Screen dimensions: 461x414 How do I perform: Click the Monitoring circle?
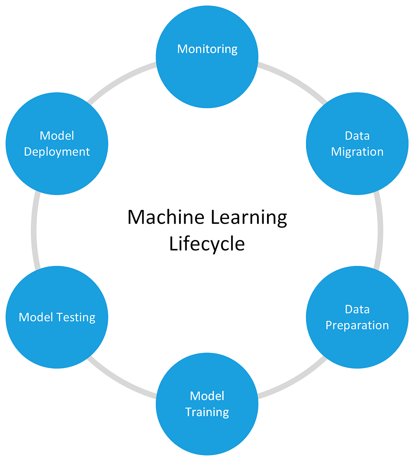click(x=207, y=57)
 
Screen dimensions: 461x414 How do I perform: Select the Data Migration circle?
click(x=357, y=144)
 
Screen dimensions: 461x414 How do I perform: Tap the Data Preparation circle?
click(x=357, y=317)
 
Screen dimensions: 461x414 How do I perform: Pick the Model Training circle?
click(x=207, y=404)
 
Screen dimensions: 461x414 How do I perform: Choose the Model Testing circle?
click(x=57, y=317)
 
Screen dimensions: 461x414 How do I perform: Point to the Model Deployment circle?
click(x=57, y=144)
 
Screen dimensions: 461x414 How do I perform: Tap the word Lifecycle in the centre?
click(x=207, y=244)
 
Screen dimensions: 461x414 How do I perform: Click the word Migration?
click(x=357, y=152)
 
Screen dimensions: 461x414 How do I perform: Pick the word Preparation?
click(x=357, y=325)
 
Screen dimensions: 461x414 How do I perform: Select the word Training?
click(x=207, y=412)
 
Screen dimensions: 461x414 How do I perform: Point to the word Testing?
click(x=76, y=317)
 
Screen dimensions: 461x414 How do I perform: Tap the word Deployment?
click(x=57, y=152)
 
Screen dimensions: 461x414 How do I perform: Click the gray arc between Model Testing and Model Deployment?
click(x=33, y=230)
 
